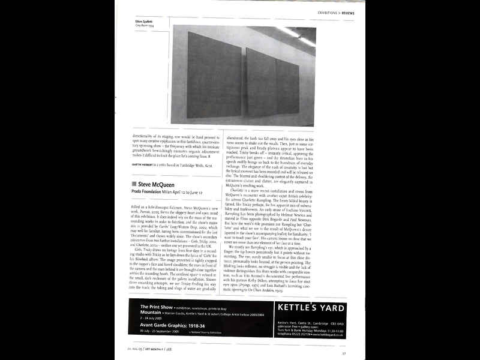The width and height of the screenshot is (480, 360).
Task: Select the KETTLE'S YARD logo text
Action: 311,308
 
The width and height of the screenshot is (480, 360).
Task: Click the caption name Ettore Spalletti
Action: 144,22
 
